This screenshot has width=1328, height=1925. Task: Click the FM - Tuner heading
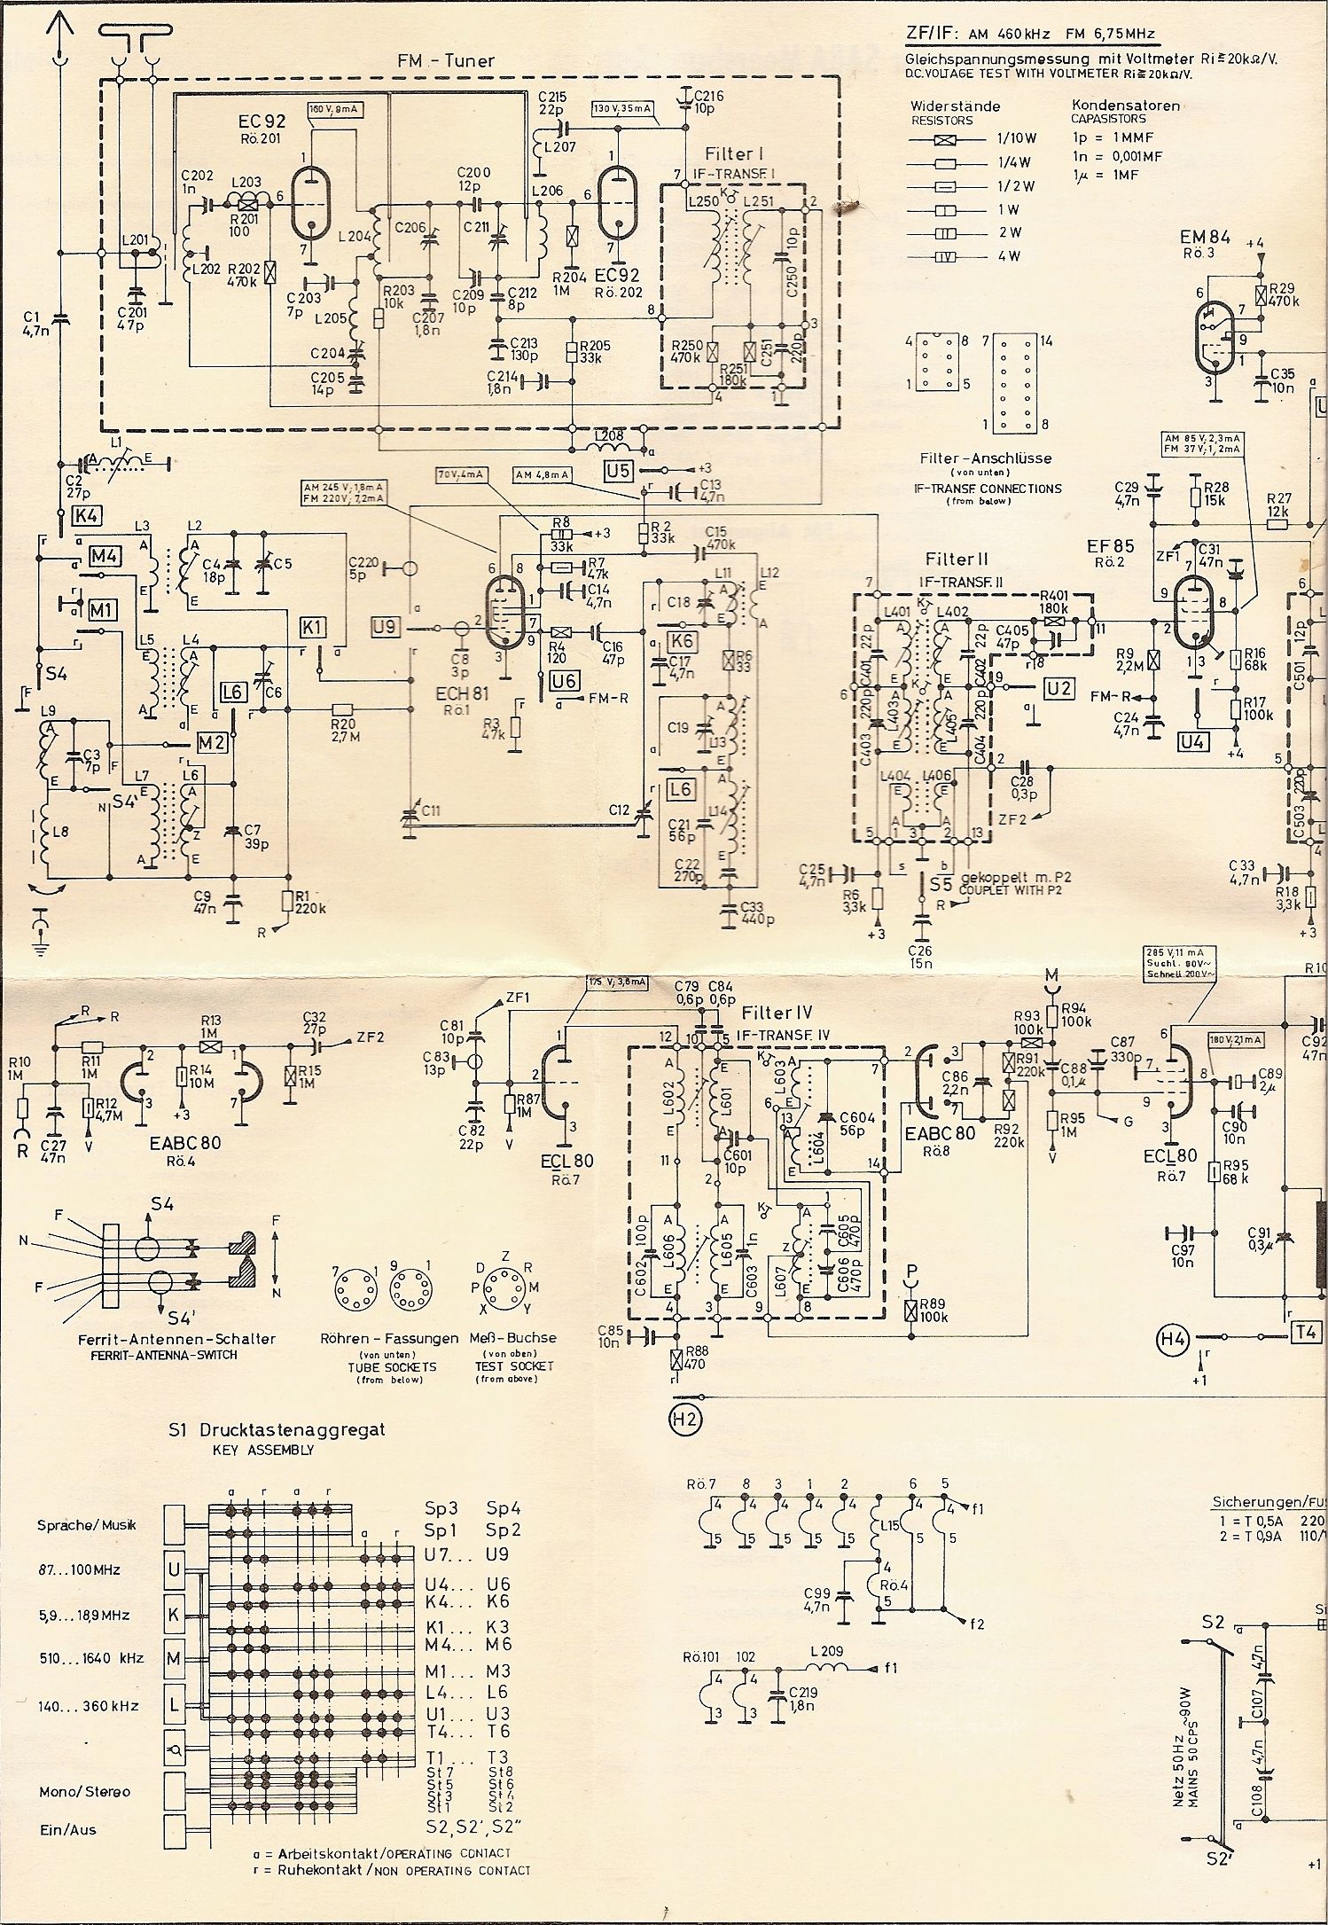tap(446, 60)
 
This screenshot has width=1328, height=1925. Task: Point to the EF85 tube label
tap(1106, 546)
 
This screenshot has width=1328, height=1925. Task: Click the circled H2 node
tap(686, 1420)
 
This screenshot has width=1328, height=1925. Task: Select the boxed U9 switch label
tap(387, 628)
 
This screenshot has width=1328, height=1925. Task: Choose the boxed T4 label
tap(1308, 1332)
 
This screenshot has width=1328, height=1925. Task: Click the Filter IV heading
tap(777, 1012)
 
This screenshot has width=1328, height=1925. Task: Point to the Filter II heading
tap(956, 560)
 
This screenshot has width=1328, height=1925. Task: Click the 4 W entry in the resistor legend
tap(1008, 256)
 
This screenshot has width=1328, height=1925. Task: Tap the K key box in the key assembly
tap(174, 1615)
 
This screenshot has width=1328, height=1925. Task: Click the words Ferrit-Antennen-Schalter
tap(152, 1339)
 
